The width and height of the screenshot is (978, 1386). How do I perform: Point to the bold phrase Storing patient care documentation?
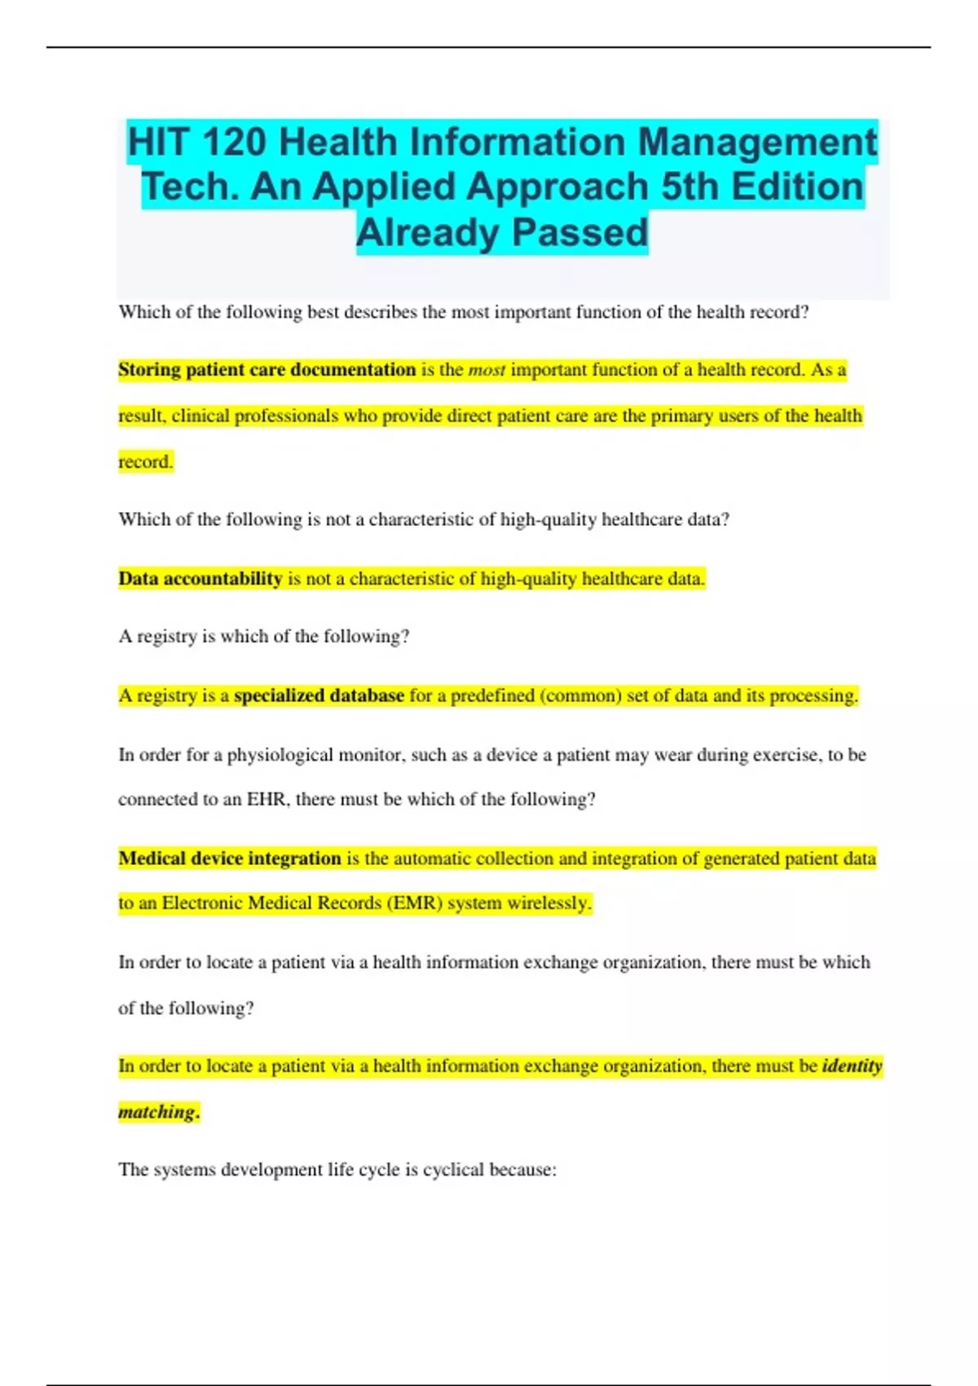(x=267, y=370)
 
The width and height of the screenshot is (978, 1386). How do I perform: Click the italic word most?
(x=487, y=370)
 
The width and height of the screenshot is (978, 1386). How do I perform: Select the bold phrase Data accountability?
(x=200, y=579)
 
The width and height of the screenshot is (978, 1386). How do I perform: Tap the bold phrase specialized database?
(x=319, y=695)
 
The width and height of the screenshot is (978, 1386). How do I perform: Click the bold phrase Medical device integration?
(x=230, y=859)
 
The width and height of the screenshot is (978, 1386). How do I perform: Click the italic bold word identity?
(x=852, y=1066)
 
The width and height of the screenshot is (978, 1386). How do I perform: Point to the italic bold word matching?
(x=158, y=1112)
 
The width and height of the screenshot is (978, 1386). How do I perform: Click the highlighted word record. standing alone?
(x=146, y=462)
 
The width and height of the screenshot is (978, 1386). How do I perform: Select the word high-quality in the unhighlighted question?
(x=548, y=519)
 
